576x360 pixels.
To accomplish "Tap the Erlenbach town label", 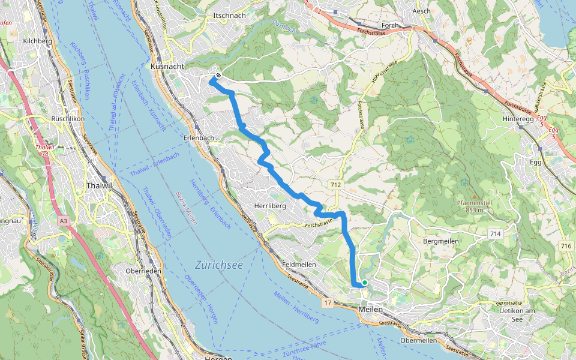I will coord(197,138).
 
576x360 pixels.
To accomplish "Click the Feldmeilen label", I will coord(299,265).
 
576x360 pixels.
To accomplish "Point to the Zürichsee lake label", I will coord(219,265).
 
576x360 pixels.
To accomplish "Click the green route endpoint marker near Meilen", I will coord(364,282).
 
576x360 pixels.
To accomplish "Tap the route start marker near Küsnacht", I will coord(218,76).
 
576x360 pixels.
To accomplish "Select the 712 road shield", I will coord(335,185).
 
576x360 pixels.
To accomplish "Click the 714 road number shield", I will coord(495,233).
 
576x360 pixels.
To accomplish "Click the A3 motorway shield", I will coord(64,221).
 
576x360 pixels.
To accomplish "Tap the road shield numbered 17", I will coord(327,302).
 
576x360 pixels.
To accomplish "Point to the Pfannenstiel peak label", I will coord(474,203).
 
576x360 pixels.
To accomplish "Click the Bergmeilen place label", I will coord(441,241).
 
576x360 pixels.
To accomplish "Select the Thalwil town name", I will coord(100,185).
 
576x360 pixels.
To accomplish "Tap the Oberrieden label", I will coord(143,270).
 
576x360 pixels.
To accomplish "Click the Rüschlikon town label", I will coord(69,119).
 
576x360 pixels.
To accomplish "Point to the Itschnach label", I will coord(229,16).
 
